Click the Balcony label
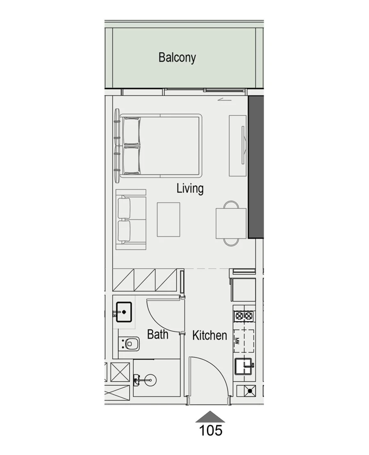point(177,57)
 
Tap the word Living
point(190,189)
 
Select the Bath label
point(158,334)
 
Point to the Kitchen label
point(210,335)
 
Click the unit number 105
point(210,430)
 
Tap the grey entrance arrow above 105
point(210,417)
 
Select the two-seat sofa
point(131,219)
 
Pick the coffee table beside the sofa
point(169,219)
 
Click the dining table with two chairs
point(231,223)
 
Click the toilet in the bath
point(130,344)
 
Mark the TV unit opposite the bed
point(237,146)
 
